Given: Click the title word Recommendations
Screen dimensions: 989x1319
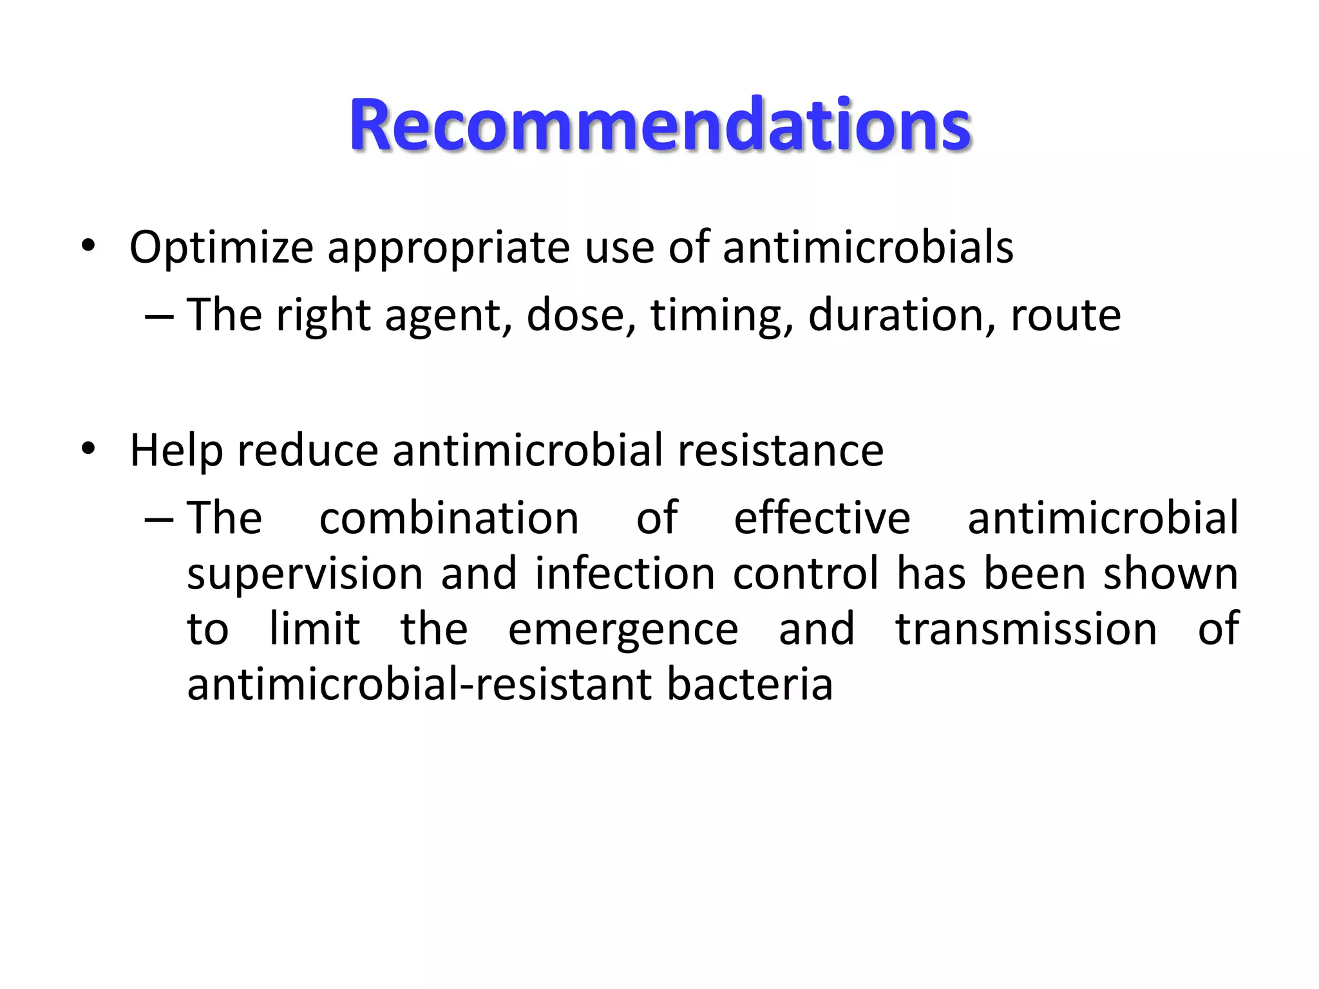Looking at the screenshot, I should click(659, 125).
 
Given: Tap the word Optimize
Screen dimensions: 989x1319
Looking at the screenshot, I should click(222, 248).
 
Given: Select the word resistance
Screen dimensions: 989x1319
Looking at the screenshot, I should click(781, 450).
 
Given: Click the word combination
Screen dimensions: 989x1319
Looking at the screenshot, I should click(449, 518).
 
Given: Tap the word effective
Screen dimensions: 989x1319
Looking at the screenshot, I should click(822, 518).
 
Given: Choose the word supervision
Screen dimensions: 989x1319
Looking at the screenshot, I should click(305, 574).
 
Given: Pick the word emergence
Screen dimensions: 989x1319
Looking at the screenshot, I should click(623, 630).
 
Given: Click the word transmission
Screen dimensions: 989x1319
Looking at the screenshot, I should click(1026, 630).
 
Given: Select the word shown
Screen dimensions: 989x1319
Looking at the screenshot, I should click(1170, 574).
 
